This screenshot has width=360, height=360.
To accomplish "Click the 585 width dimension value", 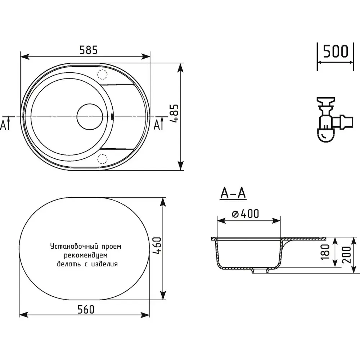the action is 89,50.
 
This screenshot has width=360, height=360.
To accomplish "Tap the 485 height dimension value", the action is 175,114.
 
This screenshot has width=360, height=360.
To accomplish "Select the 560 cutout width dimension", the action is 86,310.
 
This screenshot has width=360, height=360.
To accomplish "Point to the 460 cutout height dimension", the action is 157,246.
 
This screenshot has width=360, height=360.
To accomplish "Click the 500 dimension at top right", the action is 336,51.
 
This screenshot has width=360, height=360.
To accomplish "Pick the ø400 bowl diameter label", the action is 246,213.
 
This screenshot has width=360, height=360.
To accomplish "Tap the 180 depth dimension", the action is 325,252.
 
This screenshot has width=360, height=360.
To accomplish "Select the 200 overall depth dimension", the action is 347,255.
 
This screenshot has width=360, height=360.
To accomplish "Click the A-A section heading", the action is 233,193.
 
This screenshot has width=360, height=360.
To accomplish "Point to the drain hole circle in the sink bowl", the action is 90,117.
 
